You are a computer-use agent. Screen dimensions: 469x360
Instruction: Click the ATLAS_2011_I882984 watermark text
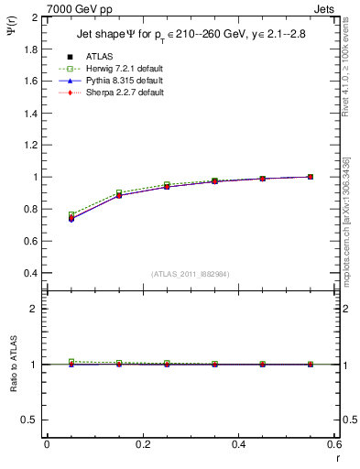point(190,274)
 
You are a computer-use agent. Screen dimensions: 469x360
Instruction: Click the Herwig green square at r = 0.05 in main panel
point(71,215)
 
